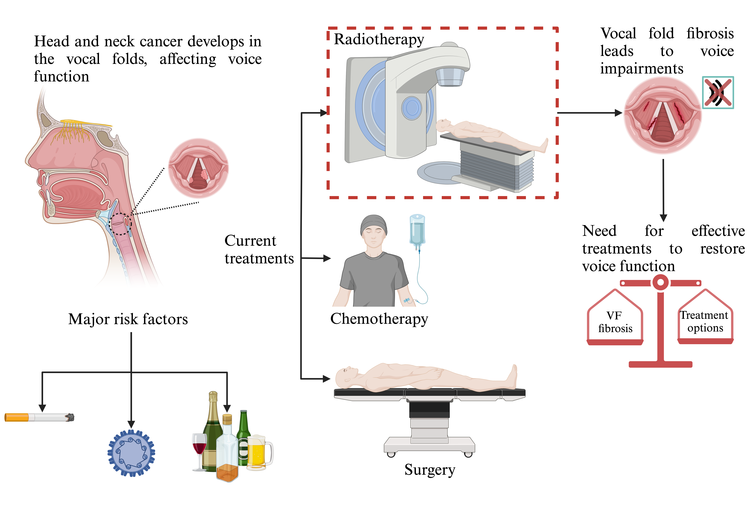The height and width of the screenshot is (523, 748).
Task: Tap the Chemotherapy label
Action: coord(379,319)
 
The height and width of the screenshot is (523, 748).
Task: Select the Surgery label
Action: coord(430,470)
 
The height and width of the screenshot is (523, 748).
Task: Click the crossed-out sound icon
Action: coord(718,92)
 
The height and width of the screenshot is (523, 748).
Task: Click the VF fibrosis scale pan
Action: coord(615,322)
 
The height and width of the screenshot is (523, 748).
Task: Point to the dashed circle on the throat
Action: coord(120,224)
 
